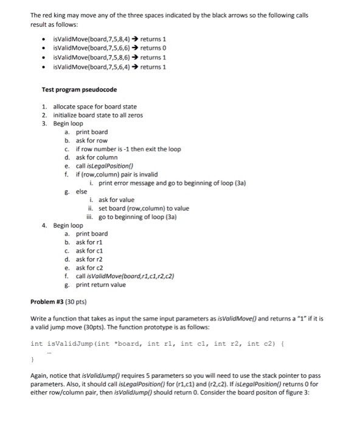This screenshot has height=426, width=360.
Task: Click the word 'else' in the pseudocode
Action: pyautogui.click(x=81, y=191)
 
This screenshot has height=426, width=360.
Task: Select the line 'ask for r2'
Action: pyautogui.click(x=89, y=259)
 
